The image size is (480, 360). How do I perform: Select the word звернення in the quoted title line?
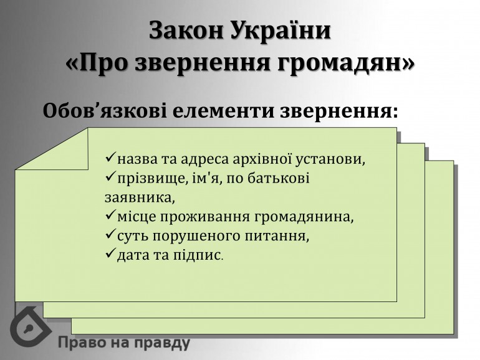pos(203,64)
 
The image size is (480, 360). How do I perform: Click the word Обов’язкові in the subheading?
pos(105,110)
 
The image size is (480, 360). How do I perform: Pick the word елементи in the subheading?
pos(224,111)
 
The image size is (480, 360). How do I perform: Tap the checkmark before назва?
pos(110,158)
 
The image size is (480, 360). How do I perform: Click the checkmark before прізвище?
pos(110,177)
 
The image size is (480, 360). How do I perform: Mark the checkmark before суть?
pos(110,234)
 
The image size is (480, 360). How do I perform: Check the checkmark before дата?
pos(110,253)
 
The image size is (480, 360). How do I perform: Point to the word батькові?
pos(278,178)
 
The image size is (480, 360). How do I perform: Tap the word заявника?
pos(140,197)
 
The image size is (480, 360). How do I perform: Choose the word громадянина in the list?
pos(304,217)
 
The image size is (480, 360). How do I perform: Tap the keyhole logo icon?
pos(30,326)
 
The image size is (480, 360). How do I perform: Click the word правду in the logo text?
pos(162,343)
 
